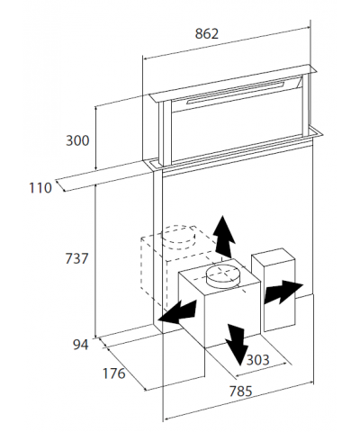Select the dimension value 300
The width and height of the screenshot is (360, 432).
click(x=76, y=140)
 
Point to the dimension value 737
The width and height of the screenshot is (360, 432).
click(x=76, y=258)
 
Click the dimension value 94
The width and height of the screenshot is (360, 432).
click(x=81, y=344)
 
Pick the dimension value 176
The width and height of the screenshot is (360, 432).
click(x=112, y=373)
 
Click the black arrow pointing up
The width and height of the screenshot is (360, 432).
click(x=224, y=237)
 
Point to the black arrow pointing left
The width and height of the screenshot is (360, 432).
click(x=176, y=311)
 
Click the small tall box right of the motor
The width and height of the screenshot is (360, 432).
click(x=274, y=290)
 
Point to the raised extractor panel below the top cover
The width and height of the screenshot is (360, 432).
click(x=238, y=126)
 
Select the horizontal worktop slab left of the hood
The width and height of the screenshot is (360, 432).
click(x=103, y=177)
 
